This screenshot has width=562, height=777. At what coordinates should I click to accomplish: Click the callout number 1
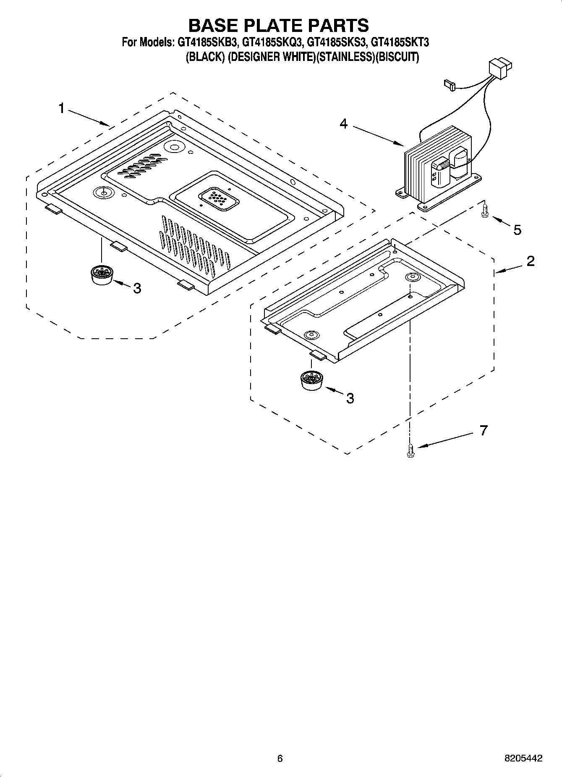click(61, 108)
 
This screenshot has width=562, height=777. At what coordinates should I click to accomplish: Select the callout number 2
click(531, 261)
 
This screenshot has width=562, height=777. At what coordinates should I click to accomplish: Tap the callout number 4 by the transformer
click(344, 124)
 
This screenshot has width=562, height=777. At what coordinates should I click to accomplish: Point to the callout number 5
click(518, 230)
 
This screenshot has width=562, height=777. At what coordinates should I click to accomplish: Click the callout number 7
click(484, 430)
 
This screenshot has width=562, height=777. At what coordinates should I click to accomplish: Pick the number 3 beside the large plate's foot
click(137, 288)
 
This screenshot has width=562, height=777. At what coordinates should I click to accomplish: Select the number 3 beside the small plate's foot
click(350, 398)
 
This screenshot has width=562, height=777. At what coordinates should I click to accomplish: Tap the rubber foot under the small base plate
click(311, 380)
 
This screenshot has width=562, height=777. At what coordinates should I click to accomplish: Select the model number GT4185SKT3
click(400, 42)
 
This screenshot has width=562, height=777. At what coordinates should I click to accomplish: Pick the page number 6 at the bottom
click(280, 758)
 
